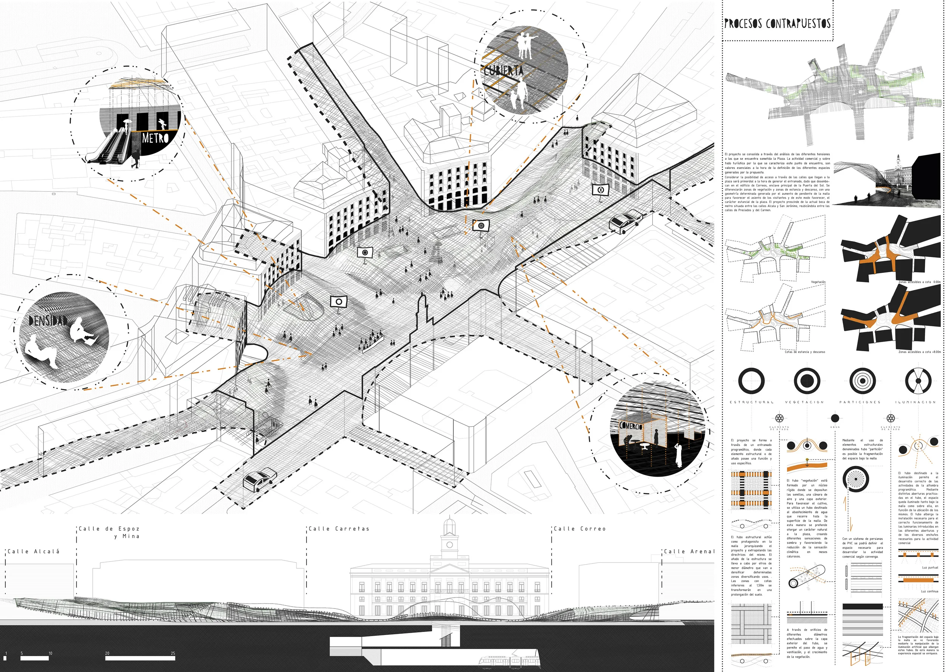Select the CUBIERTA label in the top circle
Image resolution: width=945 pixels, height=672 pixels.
click(x=503, y=71)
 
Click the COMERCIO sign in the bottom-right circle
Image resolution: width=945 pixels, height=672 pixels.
click(x=631, y=425)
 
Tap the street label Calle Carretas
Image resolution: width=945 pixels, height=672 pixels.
click(x=338, y=529)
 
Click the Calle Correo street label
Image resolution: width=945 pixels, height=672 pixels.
click(x=579, y=529)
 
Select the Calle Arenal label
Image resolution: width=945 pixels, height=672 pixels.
click(x=689, y=551)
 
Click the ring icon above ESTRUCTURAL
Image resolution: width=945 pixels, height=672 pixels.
click(x=751, y=381)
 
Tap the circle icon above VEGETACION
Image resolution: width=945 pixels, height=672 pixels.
click(x=807, y=381)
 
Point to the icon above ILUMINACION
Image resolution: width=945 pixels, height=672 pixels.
click(x=918, y=381)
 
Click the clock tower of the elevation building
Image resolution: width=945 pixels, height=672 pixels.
click(x=449, y=538)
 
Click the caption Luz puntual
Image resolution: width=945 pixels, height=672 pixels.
click(x=930, y=568)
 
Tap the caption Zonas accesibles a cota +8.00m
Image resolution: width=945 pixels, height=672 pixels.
click(x=919, y=352)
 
